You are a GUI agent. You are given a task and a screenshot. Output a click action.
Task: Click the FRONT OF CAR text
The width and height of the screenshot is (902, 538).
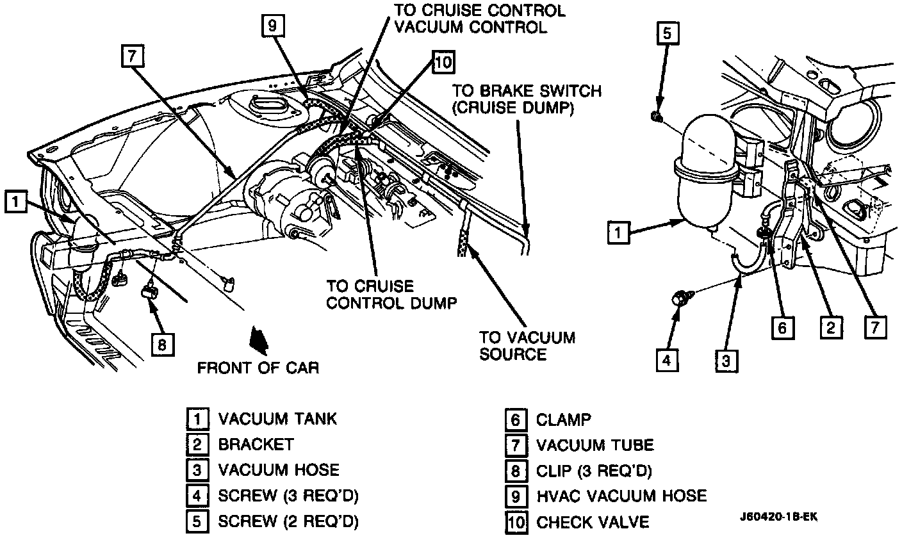258,368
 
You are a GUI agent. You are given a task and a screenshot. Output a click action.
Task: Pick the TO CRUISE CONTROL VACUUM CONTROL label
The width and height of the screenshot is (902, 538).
479,19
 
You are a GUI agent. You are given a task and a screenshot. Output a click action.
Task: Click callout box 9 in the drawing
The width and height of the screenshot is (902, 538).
272,25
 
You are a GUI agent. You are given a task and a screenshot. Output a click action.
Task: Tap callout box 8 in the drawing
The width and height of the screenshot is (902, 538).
161,345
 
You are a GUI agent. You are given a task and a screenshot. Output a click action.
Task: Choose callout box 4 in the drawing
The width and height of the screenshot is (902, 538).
666,361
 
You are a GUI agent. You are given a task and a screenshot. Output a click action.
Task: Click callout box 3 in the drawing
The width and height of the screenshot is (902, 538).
724,361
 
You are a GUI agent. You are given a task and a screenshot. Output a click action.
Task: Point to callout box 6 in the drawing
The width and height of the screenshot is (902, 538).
782,327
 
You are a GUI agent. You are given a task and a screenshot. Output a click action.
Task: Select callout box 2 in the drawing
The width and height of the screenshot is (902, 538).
830,327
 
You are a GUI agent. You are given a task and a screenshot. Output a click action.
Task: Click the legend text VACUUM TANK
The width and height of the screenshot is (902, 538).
277,419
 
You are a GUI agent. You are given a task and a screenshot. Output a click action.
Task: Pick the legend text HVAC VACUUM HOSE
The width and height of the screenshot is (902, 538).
621,496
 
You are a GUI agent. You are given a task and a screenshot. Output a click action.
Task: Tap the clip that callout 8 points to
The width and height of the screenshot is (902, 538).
149,292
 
